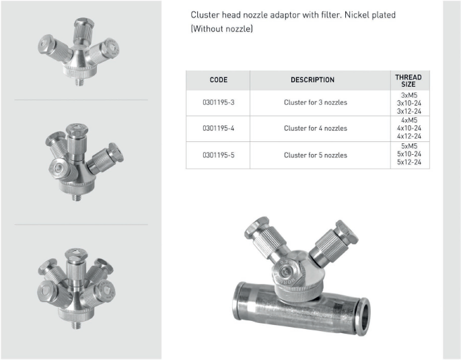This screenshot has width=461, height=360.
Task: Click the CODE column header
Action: point(219,80)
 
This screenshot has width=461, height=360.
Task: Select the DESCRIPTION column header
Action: point(312,80)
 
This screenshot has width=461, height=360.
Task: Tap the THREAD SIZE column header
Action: point(409,81)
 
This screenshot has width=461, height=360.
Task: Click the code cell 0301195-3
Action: point(219,102)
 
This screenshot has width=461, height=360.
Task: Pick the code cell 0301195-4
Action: point(219,128)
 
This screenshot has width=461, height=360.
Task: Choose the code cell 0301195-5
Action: point(219,155)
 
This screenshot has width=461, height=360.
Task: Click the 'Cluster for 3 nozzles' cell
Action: point(316,102)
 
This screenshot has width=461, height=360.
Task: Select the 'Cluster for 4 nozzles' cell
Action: point(316,128)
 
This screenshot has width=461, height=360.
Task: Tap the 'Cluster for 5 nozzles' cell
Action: point(316,155)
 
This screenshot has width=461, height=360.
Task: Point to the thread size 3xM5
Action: point(409,96)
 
